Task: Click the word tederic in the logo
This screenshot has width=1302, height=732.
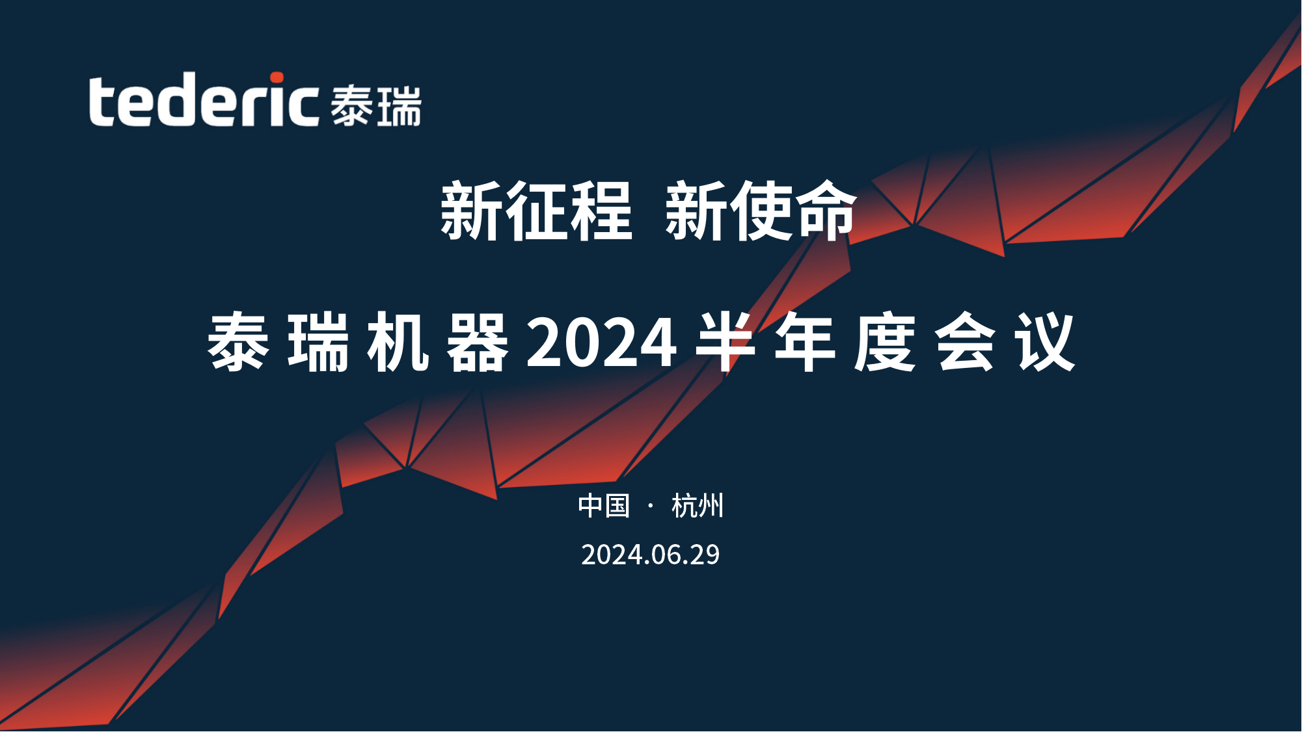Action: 204,99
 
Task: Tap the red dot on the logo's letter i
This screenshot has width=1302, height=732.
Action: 277,78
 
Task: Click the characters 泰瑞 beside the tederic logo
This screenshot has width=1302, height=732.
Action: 376,106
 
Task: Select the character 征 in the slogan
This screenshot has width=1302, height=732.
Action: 536,211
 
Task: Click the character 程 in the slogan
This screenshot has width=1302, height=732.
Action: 601,211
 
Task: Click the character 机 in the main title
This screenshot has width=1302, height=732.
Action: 398,341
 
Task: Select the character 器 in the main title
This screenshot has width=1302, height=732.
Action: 478,341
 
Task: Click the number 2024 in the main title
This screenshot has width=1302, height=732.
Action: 602,343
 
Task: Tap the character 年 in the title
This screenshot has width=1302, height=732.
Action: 806,341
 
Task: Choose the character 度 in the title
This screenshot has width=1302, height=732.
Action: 886,341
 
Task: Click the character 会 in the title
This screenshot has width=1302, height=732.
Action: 966,341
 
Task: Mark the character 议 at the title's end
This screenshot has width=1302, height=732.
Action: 1045,341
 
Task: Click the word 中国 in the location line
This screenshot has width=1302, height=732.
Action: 604,506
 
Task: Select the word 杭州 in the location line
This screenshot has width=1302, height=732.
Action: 698,506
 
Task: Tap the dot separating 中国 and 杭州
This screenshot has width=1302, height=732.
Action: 651,506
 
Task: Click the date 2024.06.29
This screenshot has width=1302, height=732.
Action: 651,555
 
